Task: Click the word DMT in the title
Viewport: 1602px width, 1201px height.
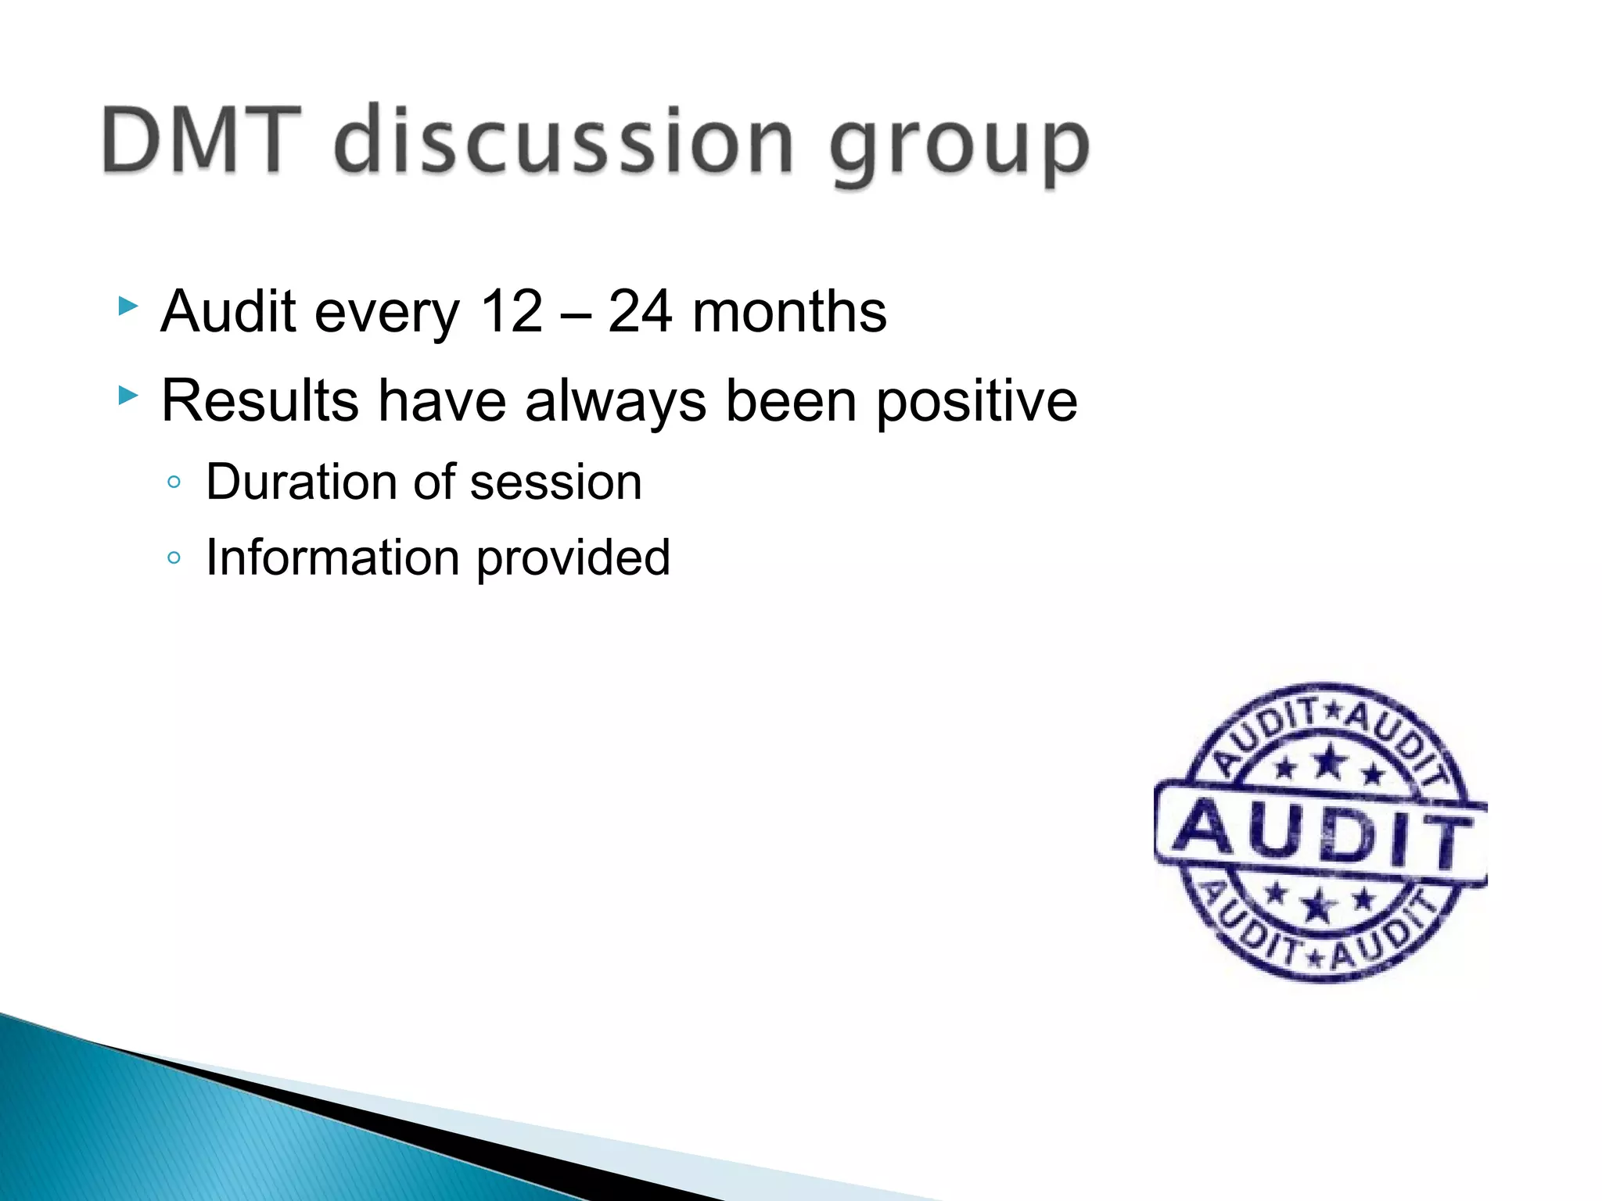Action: [x=201, y=141]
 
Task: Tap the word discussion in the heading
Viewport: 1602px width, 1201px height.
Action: [x=564, y=141]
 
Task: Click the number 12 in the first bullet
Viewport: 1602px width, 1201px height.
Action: [x=511, y=312]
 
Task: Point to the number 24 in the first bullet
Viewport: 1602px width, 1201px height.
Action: [x=639, y=312]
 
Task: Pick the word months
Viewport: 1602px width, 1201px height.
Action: [x=789, y=312]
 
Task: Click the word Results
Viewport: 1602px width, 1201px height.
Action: [x=260, y=401]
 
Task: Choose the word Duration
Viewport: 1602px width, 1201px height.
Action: [x=302, y=482]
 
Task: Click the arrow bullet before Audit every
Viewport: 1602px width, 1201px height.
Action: [x=128, y=306]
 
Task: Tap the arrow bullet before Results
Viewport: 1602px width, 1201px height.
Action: [x=128, y=395]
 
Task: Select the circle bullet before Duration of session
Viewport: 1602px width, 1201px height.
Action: [x=174, y=482]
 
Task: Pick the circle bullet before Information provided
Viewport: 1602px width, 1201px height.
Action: [x=174, y=558]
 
